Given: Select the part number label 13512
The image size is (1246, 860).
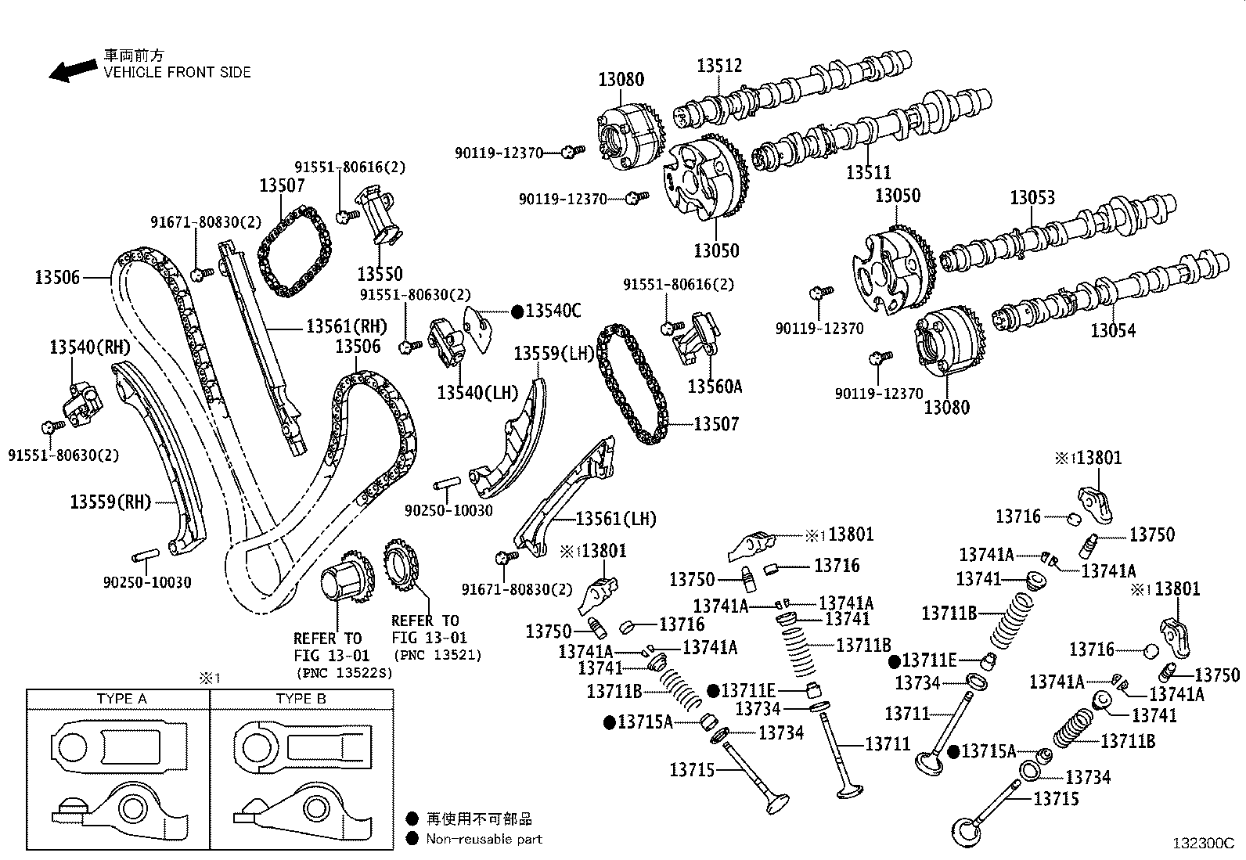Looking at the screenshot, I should tap(719, 66).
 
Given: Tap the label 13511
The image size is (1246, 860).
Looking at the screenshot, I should tap(869, 172).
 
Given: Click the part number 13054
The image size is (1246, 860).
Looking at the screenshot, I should tap(1113, 330).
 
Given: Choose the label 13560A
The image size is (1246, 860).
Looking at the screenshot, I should tap(715, 386).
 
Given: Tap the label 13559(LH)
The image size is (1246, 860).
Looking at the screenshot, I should tap(555, 354).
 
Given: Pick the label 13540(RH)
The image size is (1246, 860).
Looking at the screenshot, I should tap(90, 347).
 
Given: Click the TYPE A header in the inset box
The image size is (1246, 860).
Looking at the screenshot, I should tap(121, 698).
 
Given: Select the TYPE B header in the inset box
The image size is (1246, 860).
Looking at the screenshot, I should tap(301, 698).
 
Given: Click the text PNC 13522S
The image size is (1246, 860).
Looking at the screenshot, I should tap(344, 672).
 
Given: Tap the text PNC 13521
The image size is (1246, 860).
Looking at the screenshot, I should tap(438, 655).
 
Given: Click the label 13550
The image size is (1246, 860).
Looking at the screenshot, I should tap(380, 274).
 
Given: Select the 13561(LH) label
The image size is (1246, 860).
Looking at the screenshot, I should tap(616, 518).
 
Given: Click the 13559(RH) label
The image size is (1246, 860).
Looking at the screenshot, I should tap(110, 502).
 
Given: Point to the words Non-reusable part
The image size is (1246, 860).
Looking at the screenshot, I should tap(484, 839).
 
